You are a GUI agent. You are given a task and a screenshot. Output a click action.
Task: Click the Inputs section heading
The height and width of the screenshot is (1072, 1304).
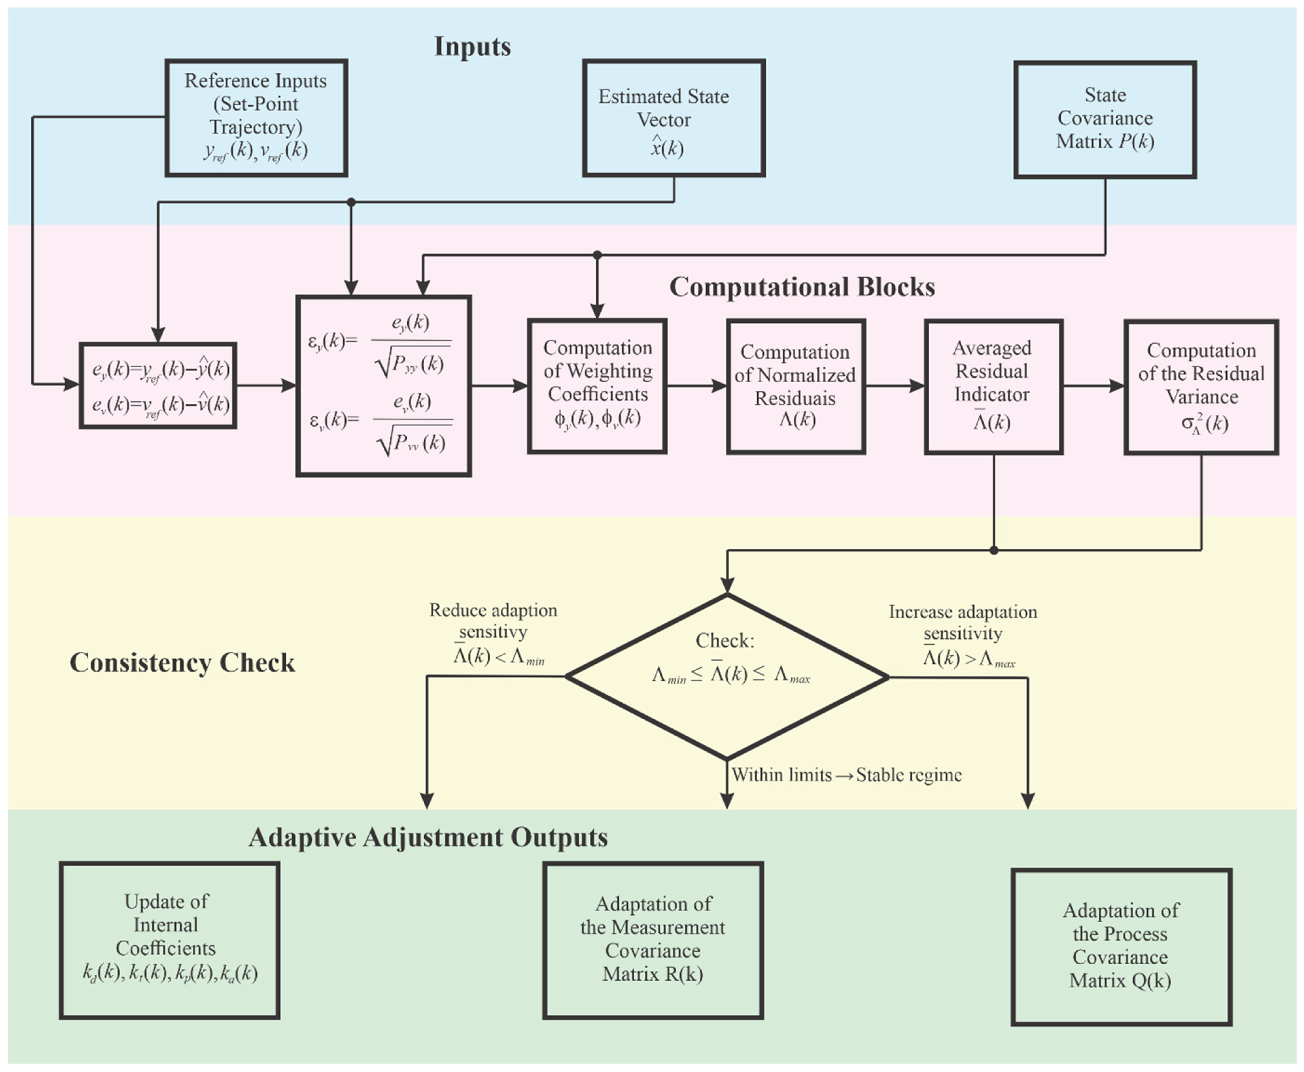point(473,46)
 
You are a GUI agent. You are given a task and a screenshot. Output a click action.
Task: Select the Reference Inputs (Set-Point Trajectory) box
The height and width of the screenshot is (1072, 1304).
point(256,118)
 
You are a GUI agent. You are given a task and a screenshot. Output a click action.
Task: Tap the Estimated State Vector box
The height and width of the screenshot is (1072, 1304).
point(674,118)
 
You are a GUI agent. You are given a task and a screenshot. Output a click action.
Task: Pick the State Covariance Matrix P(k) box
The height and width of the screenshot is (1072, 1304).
point(1105,120)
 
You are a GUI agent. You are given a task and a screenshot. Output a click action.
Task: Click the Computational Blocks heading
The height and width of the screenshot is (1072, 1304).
point(802,287)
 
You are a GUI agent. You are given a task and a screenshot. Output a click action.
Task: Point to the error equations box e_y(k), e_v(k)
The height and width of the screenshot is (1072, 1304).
point(158,385)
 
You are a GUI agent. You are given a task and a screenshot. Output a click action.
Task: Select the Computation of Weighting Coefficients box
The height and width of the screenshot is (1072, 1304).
point(597,386)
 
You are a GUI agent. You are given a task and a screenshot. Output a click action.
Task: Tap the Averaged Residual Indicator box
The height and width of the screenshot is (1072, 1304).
point(993,386)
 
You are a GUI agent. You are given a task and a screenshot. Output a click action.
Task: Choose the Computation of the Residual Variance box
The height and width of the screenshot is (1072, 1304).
point(1201,386)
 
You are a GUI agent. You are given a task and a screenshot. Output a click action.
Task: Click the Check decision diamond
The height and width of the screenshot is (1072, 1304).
point(727,677)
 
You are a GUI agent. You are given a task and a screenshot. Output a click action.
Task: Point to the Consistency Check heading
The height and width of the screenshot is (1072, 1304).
point(182,663)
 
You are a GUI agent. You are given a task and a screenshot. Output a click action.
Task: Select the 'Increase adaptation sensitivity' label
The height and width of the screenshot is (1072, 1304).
point(963,622)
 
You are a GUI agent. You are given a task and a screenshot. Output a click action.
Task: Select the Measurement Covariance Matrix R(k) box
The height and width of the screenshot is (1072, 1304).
point(653,940)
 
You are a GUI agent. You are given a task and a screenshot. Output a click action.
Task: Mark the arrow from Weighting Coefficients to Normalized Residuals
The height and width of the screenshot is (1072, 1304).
point(697,386)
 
